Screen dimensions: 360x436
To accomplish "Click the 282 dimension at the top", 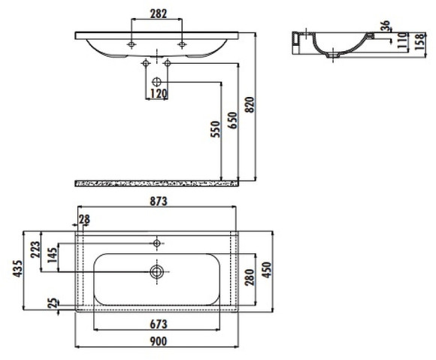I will pos(158,14).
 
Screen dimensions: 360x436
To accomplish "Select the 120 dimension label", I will pos(157,94).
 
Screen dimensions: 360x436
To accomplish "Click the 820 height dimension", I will pos(252,106).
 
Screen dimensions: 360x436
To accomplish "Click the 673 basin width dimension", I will pos(157,324).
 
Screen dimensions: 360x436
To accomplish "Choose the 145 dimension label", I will pos(53,256).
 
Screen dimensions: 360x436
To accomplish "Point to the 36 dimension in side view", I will pos(386,26).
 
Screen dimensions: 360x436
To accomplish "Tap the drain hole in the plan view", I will pos(157,271).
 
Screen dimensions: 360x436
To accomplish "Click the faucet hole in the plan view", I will pos(157,243).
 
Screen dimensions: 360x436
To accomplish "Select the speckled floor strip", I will pos(157,183).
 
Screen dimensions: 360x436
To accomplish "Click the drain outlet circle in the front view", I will pos(157,80).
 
